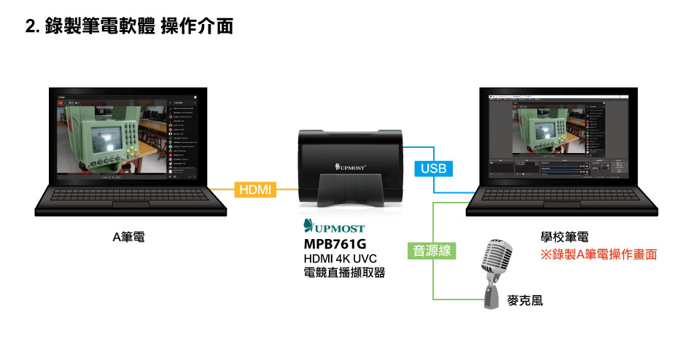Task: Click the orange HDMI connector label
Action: [254, 190]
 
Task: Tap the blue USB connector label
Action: [433, 169]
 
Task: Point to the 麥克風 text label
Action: [525, 300]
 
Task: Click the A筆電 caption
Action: [128, 238]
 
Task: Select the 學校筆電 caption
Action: [564, 238]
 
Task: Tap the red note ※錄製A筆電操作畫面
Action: [598, 254]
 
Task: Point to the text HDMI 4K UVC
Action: [340, 259]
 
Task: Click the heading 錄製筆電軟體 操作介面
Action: [139, 27]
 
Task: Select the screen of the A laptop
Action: [130, 136]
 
